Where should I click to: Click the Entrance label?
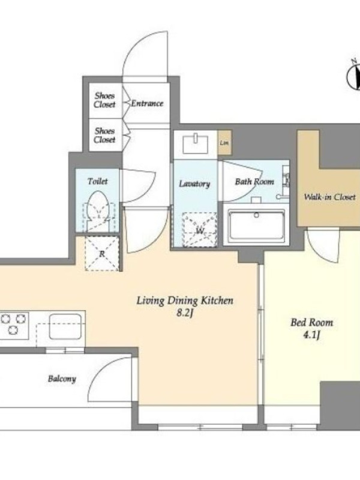click(147, 103)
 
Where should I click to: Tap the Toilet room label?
click(98, 181)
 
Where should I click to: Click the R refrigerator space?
click(102, 253)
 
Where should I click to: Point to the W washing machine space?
click(200, 230)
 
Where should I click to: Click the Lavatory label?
click(194, 184)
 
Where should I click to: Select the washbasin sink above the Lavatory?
click(196, 144)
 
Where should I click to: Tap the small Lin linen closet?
click(224, 143)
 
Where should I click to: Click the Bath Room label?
click(254, 182)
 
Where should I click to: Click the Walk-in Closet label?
click(329, 197)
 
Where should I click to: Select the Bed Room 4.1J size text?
click(311, 336)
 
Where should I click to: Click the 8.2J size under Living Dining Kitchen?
click(185, 313)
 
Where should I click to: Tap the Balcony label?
click(62, 379)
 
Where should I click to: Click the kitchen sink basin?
click(65, 326)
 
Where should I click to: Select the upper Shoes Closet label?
click(104, 100)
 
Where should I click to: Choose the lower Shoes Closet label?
click(104, 136)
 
